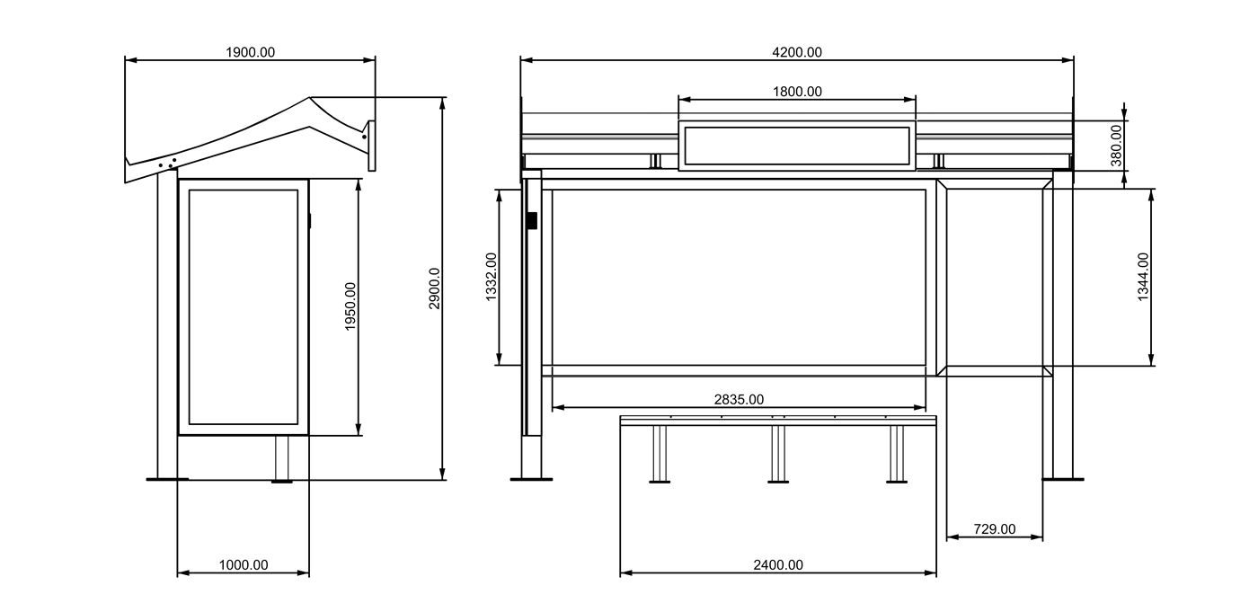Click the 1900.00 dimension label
250,52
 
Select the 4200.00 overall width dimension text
796,52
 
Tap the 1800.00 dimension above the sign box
796,91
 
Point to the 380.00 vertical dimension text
1116,145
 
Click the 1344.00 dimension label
1142,277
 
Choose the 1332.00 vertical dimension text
491,277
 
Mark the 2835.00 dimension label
739,399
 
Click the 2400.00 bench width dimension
777,565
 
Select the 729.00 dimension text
994,529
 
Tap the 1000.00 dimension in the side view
243,565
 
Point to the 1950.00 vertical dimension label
350,306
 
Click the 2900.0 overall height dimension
434,288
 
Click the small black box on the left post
532,219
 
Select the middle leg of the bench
778,454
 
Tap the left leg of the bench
660,454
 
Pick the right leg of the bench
896,454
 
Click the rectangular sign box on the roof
796,146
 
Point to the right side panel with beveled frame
994,277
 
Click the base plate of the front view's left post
531,479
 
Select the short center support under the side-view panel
282,458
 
